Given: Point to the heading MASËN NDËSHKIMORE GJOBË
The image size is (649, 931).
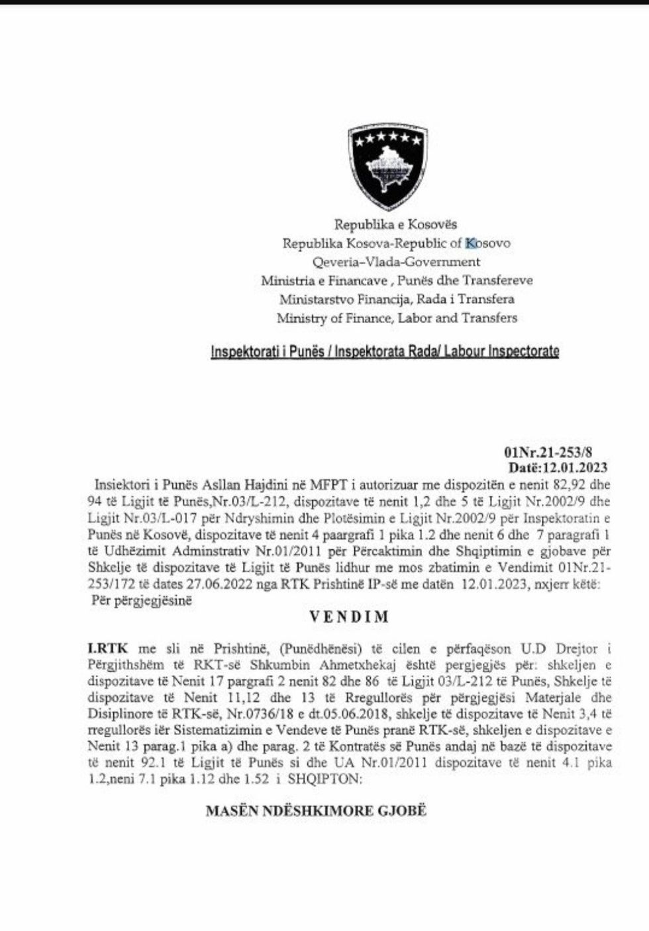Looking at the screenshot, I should click(316, 810).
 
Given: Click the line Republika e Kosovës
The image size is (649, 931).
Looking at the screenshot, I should click(395, 224).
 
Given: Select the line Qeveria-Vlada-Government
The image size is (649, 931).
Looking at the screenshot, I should click(396, 262).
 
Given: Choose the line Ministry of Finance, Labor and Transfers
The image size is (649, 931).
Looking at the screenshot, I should click(397, 318).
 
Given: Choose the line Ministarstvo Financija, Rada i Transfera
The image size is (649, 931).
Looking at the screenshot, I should click(397, 299).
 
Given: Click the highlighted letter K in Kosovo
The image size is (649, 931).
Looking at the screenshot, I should click(471, 244).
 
